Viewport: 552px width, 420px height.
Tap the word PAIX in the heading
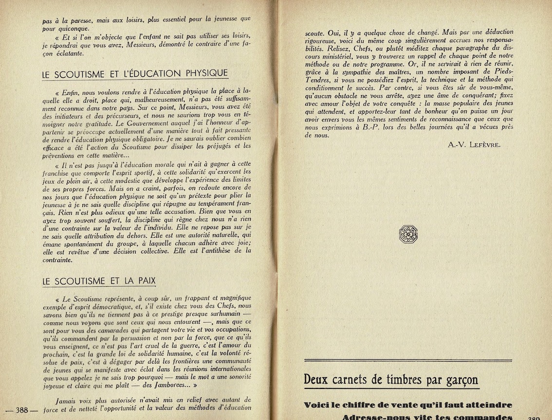(145, 280)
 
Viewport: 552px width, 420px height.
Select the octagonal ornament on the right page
(408, 234)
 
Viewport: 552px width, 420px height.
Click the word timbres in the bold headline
(407, 379)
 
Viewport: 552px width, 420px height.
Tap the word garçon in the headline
(460, 380)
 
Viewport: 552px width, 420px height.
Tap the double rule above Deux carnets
(408, 361)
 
